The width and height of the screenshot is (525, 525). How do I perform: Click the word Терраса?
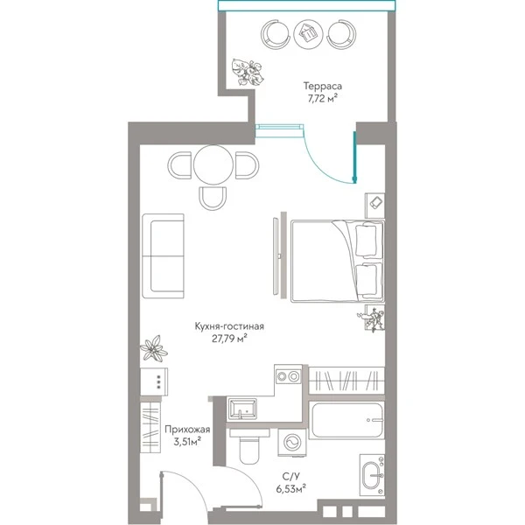coord(323,86)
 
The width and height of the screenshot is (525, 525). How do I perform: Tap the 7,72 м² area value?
coord(322,98)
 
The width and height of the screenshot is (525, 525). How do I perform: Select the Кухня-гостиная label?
coord(229,326)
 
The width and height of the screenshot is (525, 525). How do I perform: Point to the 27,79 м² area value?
coord(229,339)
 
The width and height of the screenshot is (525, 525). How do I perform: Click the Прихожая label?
coord(187,430)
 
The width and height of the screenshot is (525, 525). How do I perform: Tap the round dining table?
coord(213,164)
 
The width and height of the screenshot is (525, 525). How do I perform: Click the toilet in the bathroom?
coord(249,446)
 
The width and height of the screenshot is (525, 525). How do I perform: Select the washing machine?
coord(292,442)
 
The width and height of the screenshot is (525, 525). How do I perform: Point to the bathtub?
coord(346,420)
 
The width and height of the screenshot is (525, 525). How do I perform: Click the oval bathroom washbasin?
coord(373,475)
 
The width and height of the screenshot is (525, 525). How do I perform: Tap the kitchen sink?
coord(242,409)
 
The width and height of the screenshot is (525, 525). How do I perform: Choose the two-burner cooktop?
coord(288,376)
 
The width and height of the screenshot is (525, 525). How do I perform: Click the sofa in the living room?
coord(163,255)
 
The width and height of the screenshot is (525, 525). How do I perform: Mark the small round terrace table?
coord(308,34)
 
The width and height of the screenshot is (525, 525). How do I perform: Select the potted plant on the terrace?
coord(248,72)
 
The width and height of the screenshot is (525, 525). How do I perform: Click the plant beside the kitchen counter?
coord(154,349)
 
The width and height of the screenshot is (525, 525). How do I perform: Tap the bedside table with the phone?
coord(374,206)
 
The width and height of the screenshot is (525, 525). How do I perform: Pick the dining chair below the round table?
coord(213,199)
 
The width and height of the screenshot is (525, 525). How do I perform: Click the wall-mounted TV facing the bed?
coord(276,256)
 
